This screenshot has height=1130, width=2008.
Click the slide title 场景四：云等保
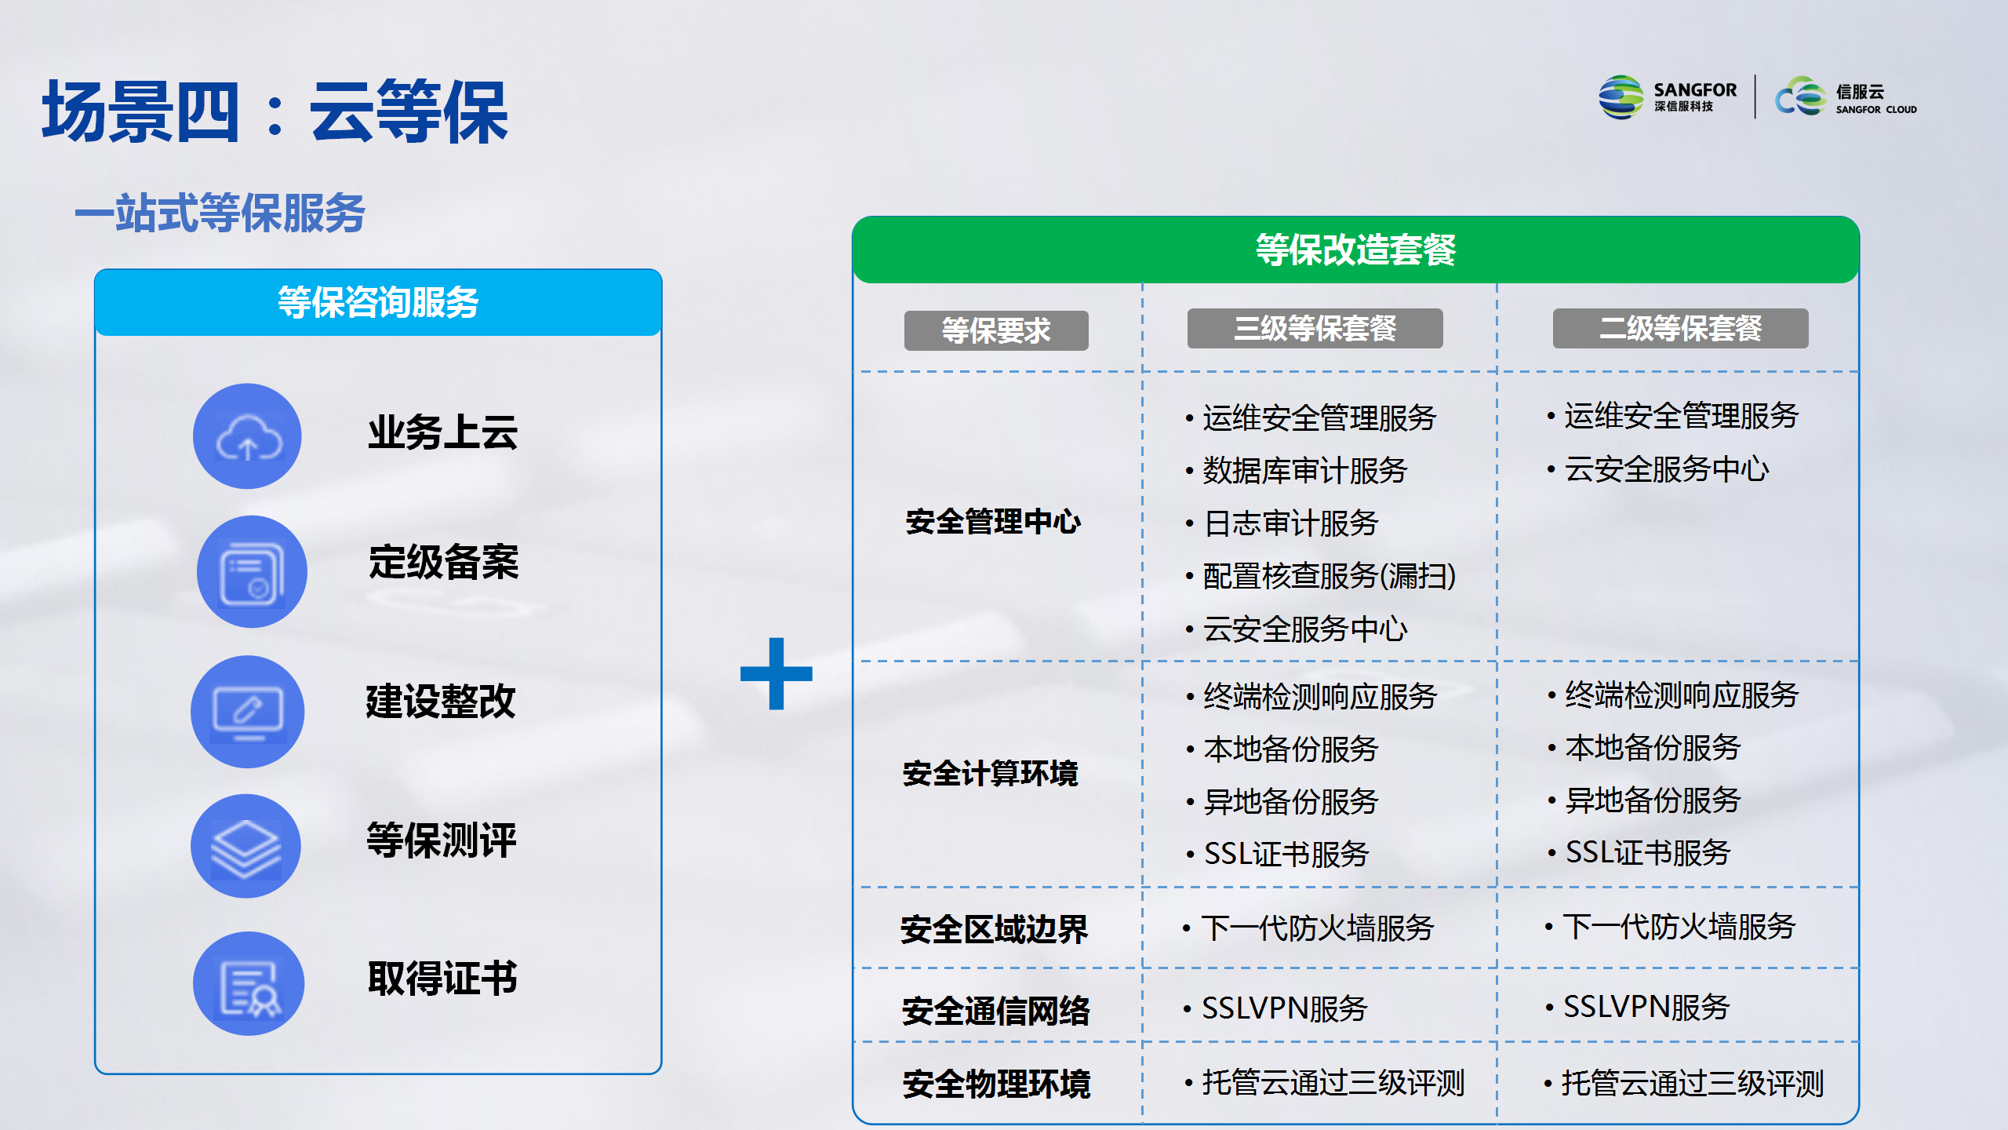point(275,111)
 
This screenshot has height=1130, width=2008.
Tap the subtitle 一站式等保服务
point(220,213)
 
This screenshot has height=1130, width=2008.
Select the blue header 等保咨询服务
point(378,302)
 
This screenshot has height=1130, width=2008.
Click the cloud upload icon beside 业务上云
point(248,436)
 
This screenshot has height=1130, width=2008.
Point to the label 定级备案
point(444,562)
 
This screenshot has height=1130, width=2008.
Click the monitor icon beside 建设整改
point(248,712)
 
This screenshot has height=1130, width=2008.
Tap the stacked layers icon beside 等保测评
point(246,847)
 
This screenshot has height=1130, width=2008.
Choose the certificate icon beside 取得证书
point(249,983)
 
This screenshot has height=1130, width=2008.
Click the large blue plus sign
point(777,673)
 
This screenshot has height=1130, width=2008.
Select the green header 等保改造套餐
point(1355,250)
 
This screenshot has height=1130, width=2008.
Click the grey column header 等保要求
point(996,330)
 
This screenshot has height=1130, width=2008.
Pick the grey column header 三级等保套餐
point(1315,328)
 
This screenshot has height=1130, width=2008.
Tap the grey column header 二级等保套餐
point(1680,328)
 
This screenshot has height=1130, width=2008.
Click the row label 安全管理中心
point(993,522)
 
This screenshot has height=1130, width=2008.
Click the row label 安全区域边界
point(994,930)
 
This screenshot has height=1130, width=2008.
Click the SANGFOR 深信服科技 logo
point(1668,98)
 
